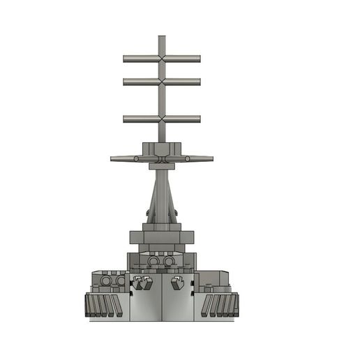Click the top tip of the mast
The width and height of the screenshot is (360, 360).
click(162, 36)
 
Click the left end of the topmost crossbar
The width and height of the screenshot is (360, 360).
click(125, 59)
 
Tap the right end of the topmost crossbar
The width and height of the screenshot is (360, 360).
click(200, 59)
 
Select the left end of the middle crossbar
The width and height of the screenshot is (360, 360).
click(125, 82)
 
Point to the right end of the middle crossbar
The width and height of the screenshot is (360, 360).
click(200, 82)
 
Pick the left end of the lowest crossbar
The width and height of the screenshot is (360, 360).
click(125, 119)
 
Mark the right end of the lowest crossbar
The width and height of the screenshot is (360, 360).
click(200, 119)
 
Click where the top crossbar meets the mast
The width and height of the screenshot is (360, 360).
click(162, 59)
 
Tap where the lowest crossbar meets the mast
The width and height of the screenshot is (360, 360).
click(162, 119)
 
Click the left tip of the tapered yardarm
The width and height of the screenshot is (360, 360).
click(112, 159)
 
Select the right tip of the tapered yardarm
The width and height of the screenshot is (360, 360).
click(212, 159)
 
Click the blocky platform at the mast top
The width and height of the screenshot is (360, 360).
click(162, 149)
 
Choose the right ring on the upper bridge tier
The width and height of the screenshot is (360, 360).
click(169, 261)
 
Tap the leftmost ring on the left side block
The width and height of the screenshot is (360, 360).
click(106, 280)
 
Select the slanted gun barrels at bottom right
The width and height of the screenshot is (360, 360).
click(222, 304)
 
